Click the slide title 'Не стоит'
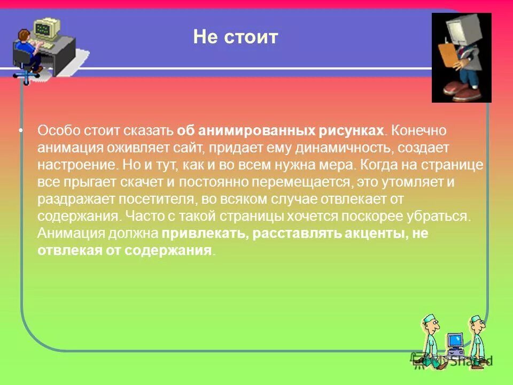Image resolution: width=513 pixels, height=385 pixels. pyautogui.click(x=236, y=37)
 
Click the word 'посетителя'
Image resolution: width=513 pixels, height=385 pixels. pyautogui.click(x=143, y=199)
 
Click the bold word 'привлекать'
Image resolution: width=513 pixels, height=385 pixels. pyautogui.click(x=204, y=234)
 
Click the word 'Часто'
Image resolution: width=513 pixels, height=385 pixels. pyautogui.click(x=140, y=217)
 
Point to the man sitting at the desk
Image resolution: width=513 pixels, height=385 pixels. pyautogui.click(x=28, y=48)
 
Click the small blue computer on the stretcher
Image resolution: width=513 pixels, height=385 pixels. pyautogui.click(x=455, y=343)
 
